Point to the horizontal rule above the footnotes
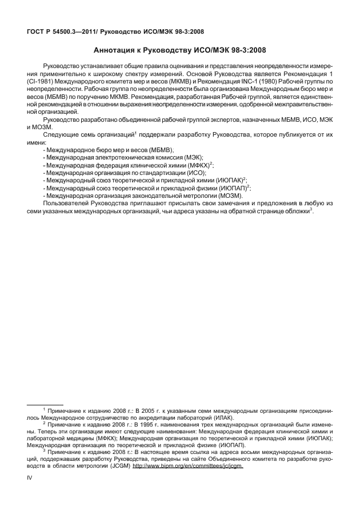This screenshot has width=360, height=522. [x=45, y=404]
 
